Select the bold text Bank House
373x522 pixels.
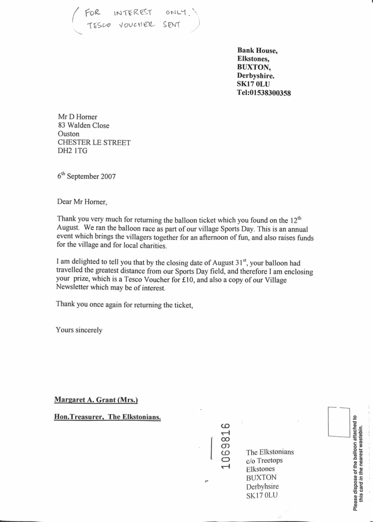click(257, 51)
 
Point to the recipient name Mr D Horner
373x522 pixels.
click(77, 117)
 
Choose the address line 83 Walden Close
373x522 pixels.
click(84, 126)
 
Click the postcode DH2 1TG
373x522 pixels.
click(72, 151)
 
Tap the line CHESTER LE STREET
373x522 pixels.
click(94, 143)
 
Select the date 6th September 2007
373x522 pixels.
click(86, 176)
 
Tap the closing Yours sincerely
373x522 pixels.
click(79, 330)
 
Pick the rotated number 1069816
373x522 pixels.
click(225, 446)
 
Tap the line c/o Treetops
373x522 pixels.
click(264, 461)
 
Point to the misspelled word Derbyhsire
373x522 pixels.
click(262, 487)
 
